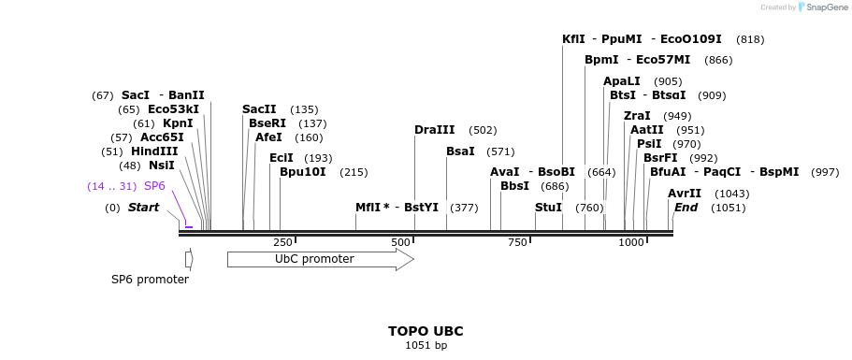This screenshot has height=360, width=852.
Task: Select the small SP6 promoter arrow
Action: coord(189,259)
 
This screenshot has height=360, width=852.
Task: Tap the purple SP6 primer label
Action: coord(154,186)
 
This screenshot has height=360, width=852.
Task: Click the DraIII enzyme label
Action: coord(435,130)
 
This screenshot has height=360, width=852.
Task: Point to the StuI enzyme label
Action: coord(548,207)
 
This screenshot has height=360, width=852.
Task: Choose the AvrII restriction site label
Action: coord(685,193)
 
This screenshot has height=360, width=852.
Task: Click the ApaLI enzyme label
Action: coord(622,81)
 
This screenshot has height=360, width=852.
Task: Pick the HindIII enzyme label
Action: coord(154,151)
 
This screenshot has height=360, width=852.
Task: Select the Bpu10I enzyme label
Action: coord(303,172)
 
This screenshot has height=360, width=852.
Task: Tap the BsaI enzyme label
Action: coord(460,151)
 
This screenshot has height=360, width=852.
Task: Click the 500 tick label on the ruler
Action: coord(401,242)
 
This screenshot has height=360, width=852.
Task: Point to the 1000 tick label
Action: coord(631,242)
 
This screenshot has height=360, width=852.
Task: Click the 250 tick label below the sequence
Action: coord(282,242)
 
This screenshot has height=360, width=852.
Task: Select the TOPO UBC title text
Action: coord(426,331)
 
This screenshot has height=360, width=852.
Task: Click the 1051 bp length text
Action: coord(426,346)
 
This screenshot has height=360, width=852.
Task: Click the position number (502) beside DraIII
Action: coord(483,130)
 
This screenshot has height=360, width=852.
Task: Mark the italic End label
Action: coord(686,207)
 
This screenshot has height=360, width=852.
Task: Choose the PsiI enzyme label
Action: coord(649,144)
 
